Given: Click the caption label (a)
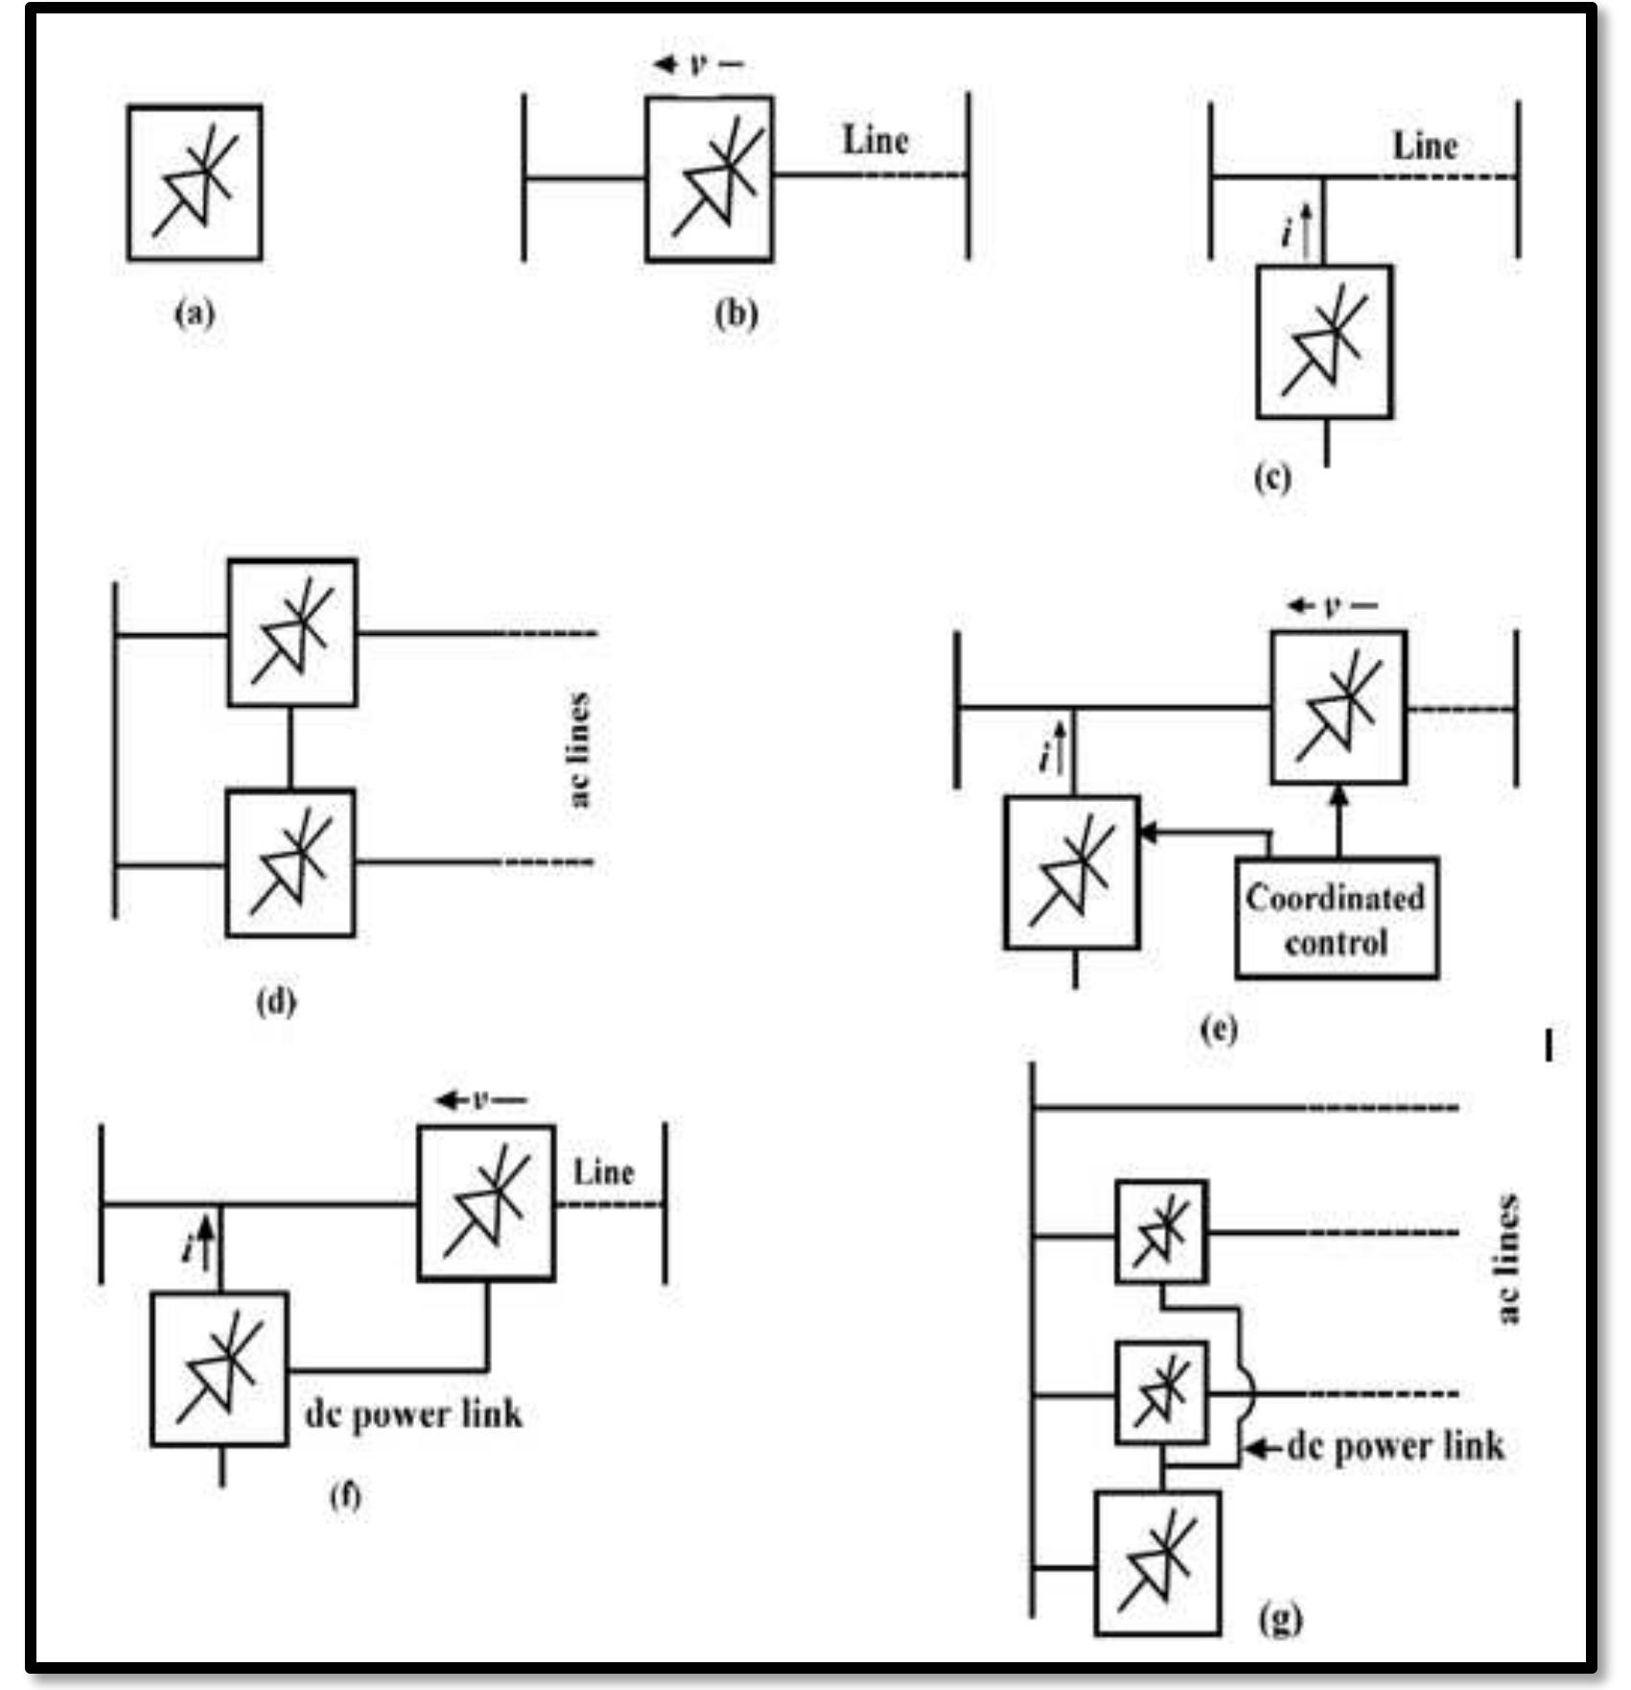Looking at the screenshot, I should [x=195, y=315].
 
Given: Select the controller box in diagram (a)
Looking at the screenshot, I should [x=195, y=183].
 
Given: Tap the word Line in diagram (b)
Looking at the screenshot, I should [x=874, y=141].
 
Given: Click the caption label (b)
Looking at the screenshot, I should [x=736, y=315].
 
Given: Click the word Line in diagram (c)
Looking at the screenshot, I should [x=1425, y=146].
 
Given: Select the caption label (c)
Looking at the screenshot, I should [x=1272, y=477].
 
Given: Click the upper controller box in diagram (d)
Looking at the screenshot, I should [x=292, y=633].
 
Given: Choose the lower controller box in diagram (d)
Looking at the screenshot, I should [x=291, y=863].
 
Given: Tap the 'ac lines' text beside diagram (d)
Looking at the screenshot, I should [x=580, y=749].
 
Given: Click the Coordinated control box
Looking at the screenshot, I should [x=1337, y=919].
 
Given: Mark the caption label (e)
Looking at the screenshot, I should [x=1219, y=1029].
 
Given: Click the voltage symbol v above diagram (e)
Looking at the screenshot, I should [x=1333, y=606].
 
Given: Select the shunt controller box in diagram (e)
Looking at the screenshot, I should [x=1072, y=873].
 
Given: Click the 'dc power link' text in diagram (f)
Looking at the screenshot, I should [x=413, y=1415].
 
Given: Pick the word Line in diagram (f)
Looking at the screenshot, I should [x=604, y=1172].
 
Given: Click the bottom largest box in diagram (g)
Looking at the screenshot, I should [x=1157, y=1562].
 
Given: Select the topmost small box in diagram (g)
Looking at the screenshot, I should [x=1161, y=1232].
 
